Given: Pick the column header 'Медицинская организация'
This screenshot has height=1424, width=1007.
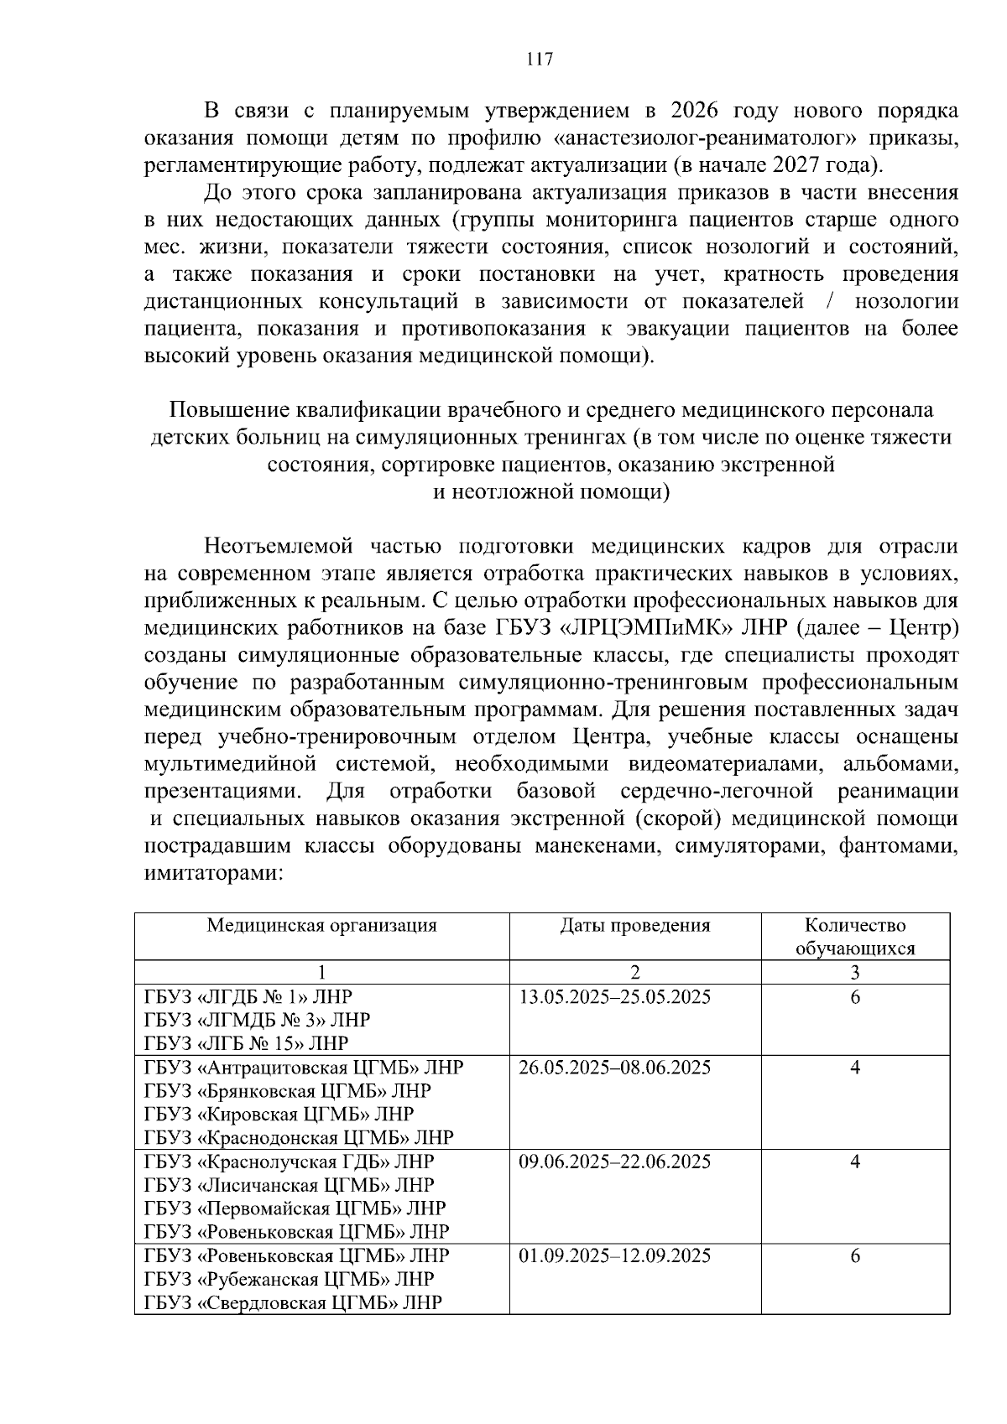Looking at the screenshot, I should coord(322,926).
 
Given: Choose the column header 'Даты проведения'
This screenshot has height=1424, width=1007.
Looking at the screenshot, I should coord(634,926).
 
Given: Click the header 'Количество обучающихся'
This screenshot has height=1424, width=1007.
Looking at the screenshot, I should coord(854,937).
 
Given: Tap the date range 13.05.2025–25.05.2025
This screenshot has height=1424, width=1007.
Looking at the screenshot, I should coord(614,997).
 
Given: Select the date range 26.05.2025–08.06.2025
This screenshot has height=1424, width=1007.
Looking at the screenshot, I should coord(614,1068).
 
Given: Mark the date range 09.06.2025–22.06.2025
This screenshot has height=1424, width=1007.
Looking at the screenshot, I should coord(614,1162).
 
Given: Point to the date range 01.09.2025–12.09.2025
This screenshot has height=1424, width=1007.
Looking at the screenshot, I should coord(614,1255).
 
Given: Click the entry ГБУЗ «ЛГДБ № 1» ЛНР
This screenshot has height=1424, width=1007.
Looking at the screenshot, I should coord(248,997).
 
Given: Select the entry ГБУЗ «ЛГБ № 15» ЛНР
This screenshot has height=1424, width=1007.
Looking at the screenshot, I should coord(246,1044).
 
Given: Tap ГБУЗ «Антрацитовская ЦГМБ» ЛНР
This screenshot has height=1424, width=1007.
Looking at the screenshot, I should coord(304,1068).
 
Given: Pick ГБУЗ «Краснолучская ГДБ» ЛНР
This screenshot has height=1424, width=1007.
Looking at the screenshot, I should coord(290,1162).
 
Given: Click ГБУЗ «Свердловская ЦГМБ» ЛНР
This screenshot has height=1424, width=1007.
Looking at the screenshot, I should coord(293,1302).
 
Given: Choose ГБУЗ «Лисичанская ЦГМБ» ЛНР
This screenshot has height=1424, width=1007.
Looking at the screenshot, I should coord(290,1185).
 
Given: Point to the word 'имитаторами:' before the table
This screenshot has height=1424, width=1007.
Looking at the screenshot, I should coord(213,873).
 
